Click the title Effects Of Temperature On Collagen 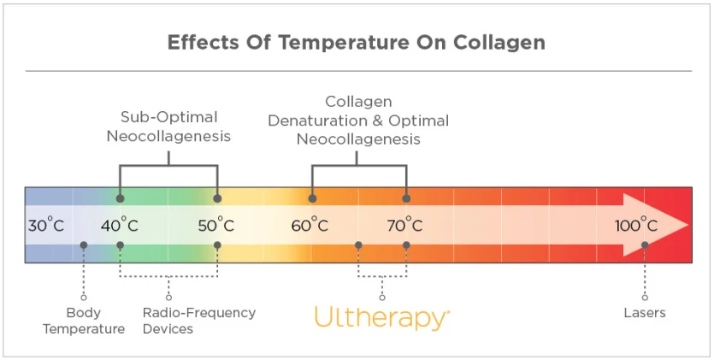click(x=357, y=43)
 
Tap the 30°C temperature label click(x=46, y=226)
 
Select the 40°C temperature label click(x=120, y=226)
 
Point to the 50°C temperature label click(x=216, y=226)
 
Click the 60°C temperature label click(x=310, y=226)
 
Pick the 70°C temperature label click(x=404, y=226)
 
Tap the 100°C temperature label click(x=637, y=226)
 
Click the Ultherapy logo click(x=381, y=317)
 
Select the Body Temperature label click(x=83, y=321)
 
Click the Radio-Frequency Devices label click(x=198, y=321)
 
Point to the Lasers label click(x=645, y=313)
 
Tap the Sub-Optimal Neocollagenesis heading click(x=168, y=126)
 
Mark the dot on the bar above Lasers click(x=645, y=245)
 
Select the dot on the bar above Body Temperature click(x=83, y=245)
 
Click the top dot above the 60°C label click(x=312, y=198)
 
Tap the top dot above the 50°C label click(x=217, y=198)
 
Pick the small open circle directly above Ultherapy click(x=381, y=298)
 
